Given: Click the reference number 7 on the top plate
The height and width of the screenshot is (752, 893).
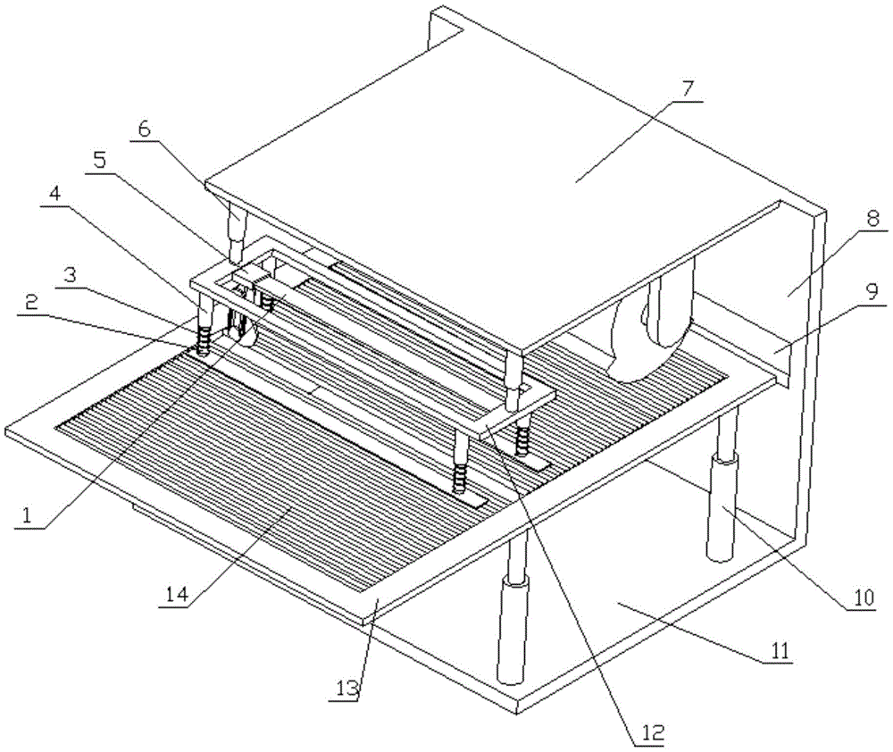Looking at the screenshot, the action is coord(688,91).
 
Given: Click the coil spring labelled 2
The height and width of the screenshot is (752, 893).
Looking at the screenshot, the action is coord(204,341).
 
